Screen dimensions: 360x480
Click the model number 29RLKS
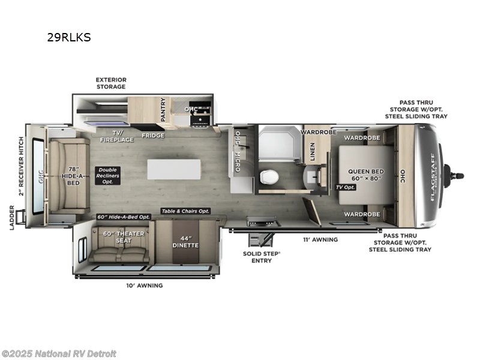pyautogui.click(x=69, y=37)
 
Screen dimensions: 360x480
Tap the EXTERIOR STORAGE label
pyautogui.click(x=111, y=83)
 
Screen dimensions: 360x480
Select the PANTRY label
pyautogui.click(x=163, y=110)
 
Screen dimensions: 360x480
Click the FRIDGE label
pyautogui.click(x=153, y=136)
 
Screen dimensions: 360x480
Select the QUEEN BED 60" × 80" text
pyautogui.click(x=366, y=175)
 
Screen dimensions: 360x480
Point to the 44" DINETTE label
pyautogui.click(x=185, y=241)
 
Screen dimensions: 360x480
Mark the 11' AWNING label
pyautogui.click(x=320, y=239)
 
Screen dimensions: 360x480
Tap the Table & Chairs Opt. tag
pyautogui.click(x=185, y=211)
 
